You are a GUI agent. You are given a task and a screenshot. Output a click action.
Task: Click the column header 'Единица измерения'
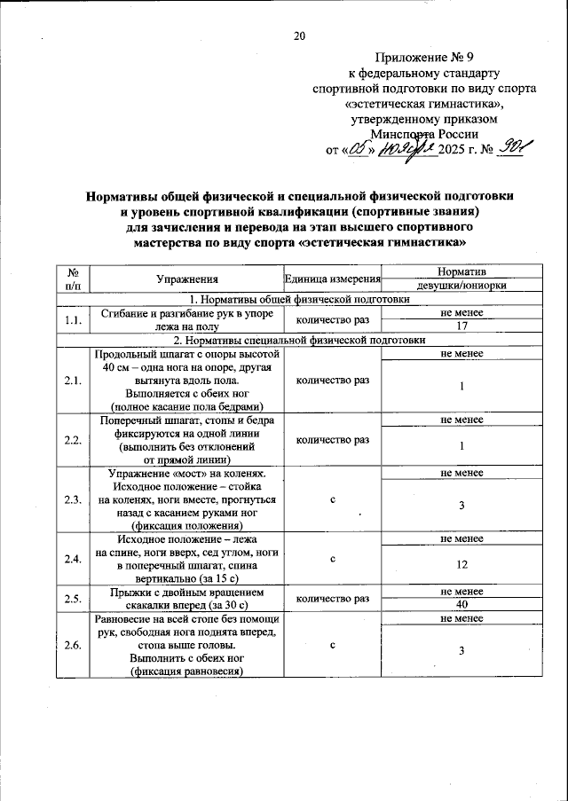[332, 279]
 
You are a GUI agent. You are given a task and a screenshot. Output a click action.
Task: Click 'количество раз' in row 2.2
[332, 439]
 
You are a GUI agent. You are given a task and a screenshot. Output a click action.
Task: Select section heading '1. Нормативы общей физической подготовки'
[296, 299]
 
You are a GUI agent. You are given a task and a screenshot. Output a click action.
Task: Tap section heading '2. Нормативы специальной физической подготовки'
[296, 340]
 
